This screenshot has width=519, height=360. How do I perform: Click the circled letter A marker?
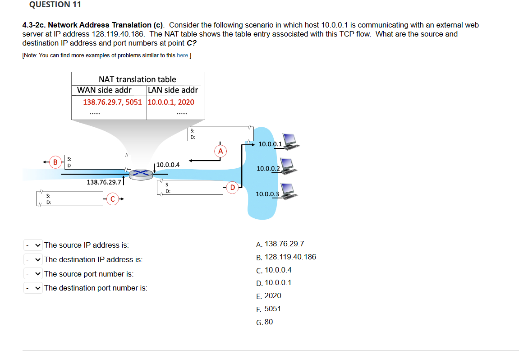(220, 151)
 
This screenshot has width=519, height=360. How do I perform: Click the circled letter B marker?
(55, 162)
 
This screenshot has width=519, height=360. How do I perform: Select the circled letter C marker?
(113, 198)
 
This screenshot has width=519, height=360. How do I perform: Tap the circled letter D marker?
(233, 187)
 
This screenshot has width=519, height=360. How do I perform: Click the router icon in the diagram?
(141, 174)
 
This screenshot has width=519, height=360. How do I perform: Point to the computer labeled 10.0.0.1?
(289, 141)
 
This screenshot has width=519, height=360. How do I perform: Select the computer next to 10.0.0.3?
(288, 191)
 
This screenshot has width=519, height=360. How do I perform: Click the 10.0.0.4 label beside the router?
(168, 165)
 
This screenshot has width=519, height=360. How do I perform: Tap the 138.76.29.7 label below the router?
(104, 182)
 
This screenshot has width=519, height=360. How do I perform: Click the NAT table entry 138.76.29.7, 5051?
(112, 102)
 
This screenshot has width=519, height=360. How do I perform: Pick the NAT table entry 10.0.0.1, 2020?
(171, 102)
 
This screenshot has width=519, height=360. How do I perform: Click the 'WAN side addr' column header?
(104, 90)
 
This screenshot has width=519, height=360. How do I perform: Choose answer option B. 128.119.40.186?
(286, 257)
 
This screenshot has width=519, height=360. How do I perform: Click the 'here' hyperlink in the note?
(182, 55)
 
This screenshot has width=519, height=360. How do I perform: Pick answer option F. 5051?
(268, 309)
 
